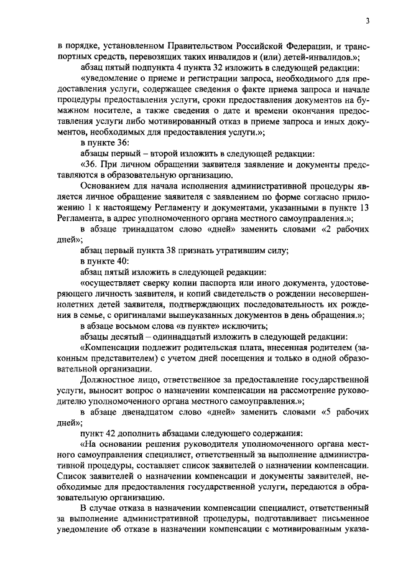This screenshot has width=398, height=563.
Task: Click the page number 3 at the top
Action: [368, 21]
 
